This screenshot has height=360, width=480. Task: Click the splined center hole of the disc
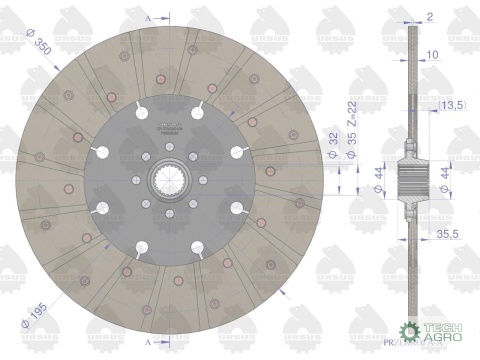tap(167, 181)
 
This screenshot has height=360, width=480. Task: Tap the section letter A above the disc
tap(149, 18)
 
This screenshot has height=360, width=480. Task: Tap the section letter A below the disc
tap(149, 343)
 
